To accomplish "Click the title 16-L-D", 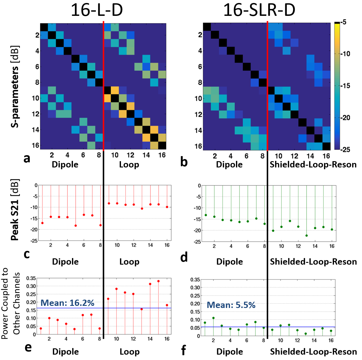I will coord(96,10).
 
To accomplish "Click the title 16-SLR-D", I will coord(259,10).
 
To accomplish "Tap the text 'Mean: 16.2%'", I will coord(68,303).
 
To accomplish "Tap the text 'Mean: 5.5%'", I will coord(231,305).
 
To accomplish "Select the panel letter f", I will coord(183,350).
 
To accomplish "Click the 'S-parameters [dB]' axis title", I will coord(15,86).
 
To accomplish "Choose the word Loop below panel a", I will coord(129,164).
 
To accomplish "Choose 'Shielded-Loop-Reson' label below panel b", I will coord(313,164).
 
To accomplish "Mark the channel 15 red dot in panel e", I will coord(159,281).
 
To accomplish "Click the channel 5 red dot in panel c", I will coord(76,225).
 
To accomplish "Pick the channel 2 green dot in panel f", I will coord(213,318).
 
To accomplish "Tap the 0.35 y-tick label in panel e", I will coord(31,278).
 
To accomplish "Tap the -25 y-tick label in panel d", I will coord(197,242).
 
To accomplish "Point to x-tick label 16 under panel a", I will coord(162,155).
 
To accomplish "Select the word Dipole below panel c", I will coord(65,262).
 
